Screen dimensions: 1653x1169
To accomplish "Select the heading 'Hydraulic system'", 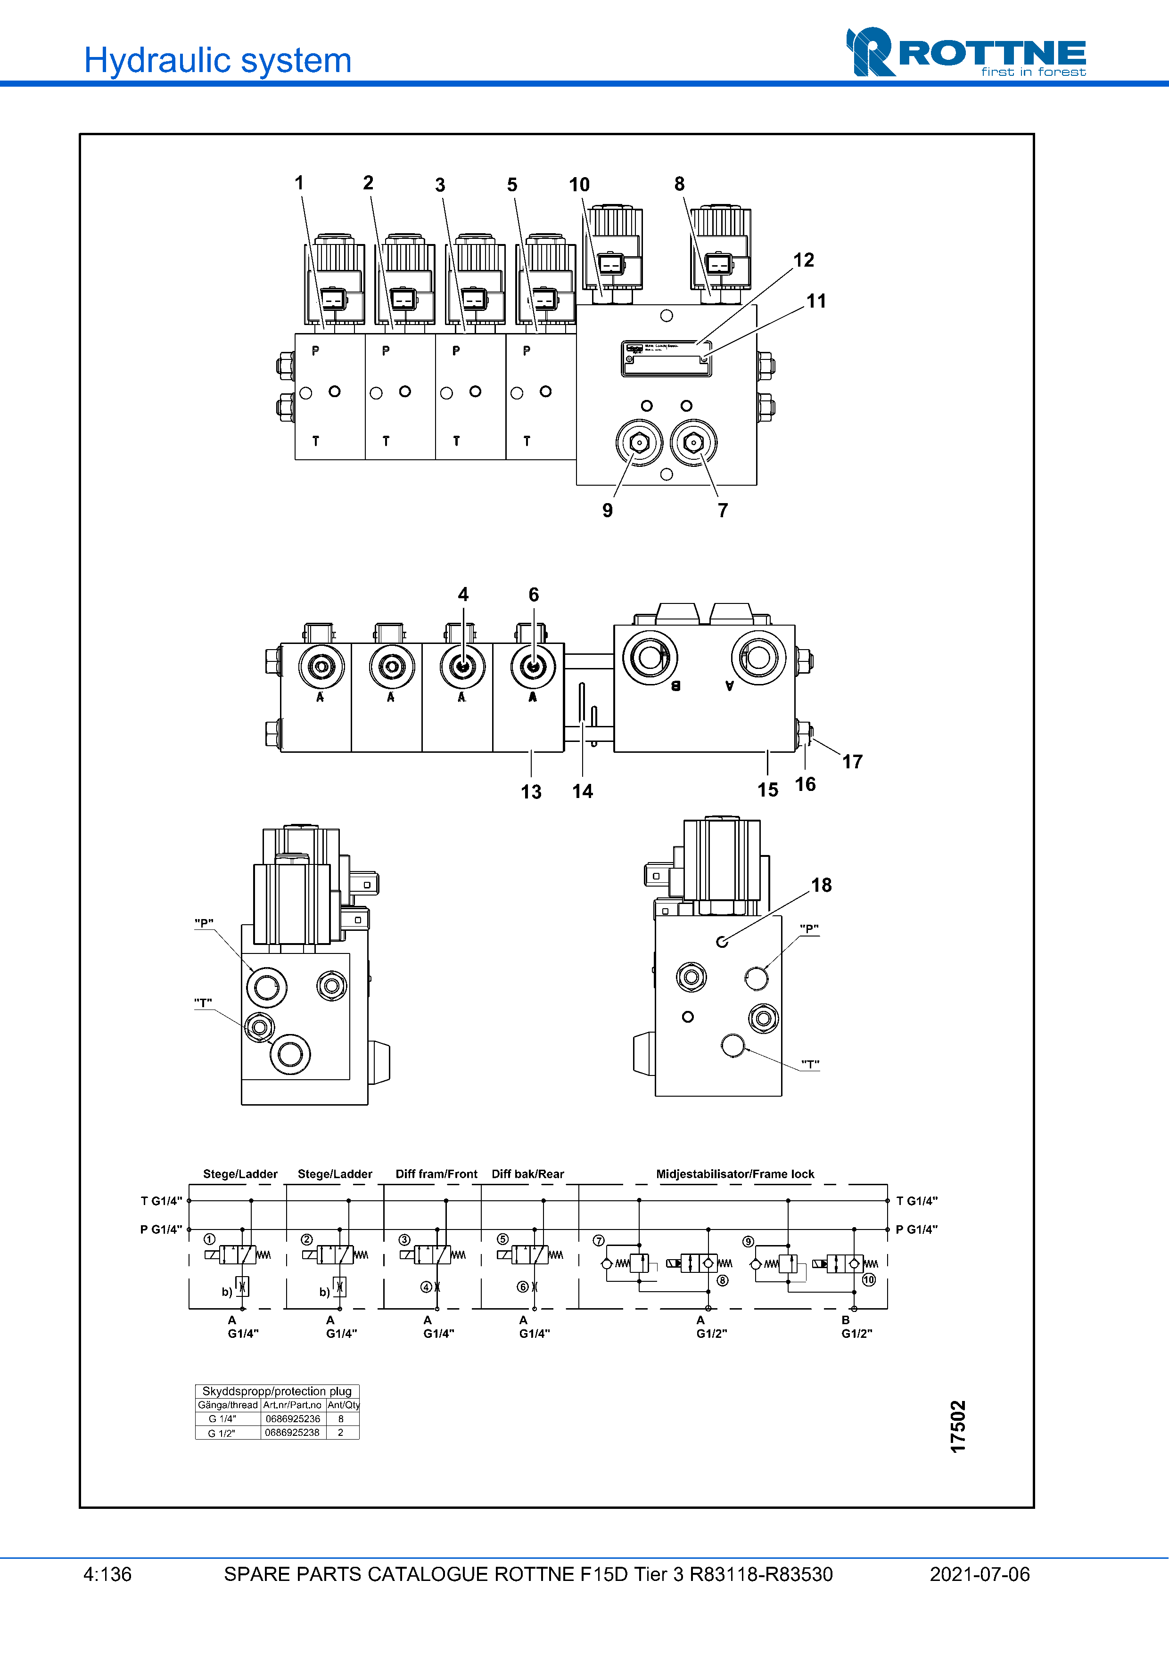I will pyautogui.click(x=217, y=60).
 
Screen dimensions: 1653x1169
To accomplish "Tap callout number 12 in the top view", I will pyautogui.click(x=803, y=260).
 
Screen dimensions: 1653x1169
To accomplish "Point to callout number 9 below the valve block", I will pyautogui.click(x=607, y=511).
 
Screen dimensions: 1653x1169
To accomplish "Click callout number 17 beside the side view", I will pyautogui.click(x=852, y=762).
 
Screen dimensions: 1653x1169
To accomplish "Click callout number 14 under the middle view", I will pyautogui.click(x=582, y=791).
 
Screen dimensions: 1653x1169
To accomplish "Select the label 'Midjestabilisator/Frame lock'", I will pyautogui.click(x=735, y=1173).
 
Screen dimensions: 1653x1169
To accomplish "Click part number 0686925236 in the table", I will pyautogui.click(x=292, y=1418).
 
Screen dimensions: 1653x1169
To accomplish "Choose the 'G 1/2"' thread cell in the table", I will pyautogui.click(x=222, y=1433).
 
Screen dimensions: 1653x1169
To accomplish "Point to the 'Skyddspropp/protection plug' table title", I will pyautogui.click(x=277, y=1391).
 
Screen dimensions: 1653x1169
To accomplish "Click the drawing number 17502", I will pyautogui.click(x=957, y=1426).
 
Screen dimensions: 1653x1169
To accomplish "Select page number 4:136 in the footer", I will pyautogui.click(x=107, y=1574).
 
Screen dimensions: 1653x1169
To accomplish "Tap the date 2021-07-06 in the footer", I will pyautogui.click(x=980, y=1574).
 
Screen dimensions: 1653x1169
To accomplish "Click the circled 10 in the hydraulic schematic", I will pyautogui.click(x=869, y=1279).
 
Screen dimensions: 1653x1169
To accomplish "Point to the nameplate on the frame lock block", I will pyautogui.click(x=666, y=358).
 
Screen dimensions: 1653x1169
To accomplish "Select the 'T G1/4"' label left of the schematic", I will pyautogui.click(x=161, y=1201).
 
